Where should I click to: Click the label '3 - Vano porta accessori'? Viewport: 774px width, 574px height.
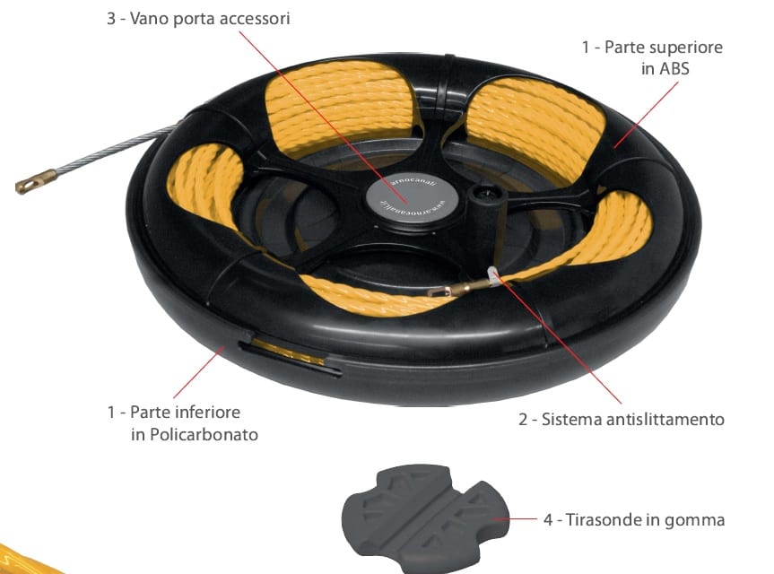tap(198, 19)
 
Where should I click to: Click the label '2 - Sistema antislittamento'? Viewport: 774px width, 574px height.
tap(621, 419)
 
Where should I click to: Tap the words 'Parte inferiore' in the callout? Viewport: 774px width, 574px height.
tap(185, 413)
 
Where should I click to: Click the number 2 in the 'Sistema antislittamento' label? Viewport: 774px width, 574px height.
tap(523, 419)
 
